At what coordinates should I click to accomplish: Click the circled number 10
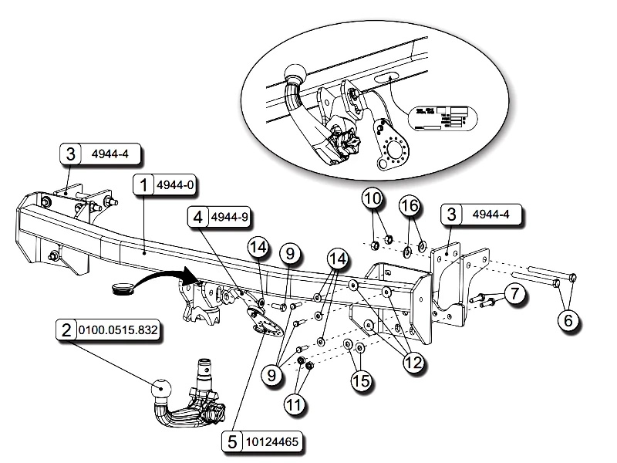point(373,199)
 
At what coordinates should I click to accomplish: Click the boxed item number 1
point(143,186)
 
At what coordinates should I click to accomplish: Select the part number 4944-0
point(175,186)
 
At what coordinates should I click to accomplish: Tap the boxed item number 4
point(198,218)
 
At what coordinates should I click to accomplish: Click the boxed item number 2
point(66,331)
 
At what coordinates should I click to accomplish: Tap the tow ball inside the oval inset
point(295,74)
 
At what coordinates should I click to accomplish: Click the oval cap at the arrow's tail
point(123,289)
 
